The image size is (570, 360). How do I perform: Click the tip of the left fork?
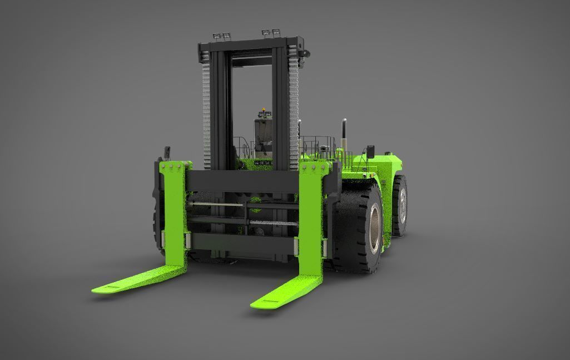(100, 289)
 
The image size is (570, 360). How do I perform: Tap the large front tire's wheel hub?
(374, 225)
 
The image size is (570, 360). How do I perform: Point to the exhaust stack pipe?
(344, 134)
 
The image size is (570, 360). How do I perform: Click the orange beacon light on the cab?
(264, 109)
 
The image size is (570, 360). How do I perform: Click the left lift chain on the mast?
(206, 106)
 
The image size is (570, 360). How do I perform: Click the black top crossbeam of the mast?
(250, 45)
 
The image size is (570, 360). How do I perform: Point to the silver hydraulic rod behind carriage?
(217, 205)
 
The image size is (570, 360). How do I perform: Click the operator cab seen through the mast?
(262, 136)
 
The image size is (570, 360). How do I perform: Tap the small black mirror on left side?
(166, 151)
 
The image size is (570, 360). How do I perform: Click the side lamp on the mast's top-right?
(304, 52)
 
